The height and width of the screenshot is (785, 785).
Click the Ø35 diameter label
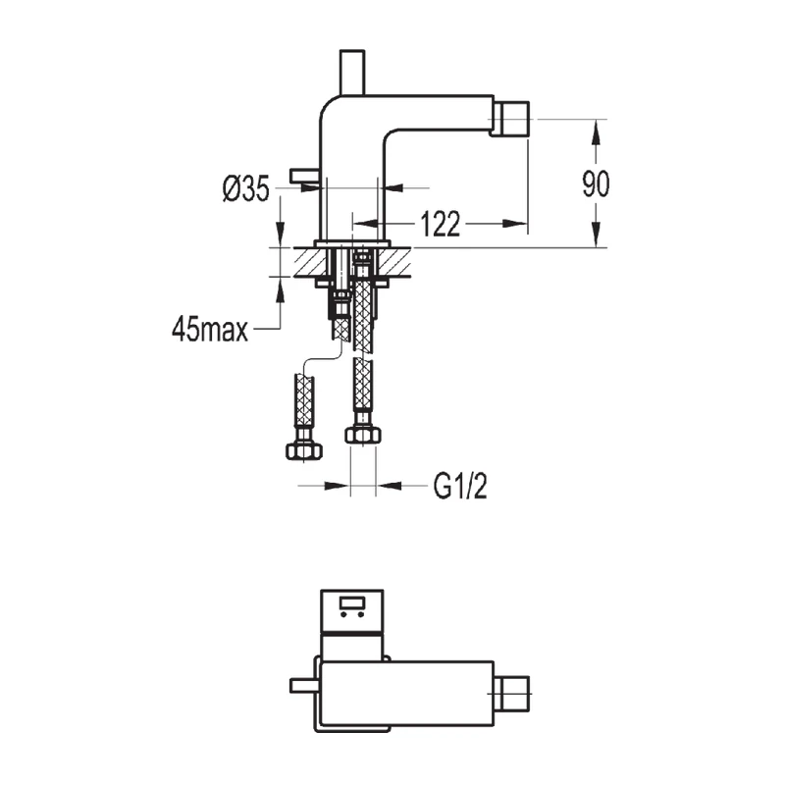[246, 188]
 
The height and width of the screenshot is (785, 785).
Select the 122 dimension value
[441, 225]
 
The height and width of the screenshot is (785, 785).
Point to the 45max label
[209, 329]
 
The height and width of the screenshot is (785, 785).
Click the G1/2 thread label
[459, 485]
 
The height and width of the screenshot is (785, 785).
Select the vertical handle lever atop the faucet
[349, 73]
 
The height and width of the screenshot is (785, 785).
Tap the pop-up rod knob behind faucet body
[305, 175]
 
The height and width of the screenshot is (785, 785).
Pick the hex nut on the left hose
[304, 450]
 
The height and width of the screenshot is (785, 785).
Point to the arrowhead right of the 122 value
[519, 225]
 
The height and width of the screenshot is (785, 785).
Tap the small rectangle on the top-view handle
[351, 602]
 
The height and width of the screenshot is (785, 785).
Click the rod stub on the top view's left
[305, 686]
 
